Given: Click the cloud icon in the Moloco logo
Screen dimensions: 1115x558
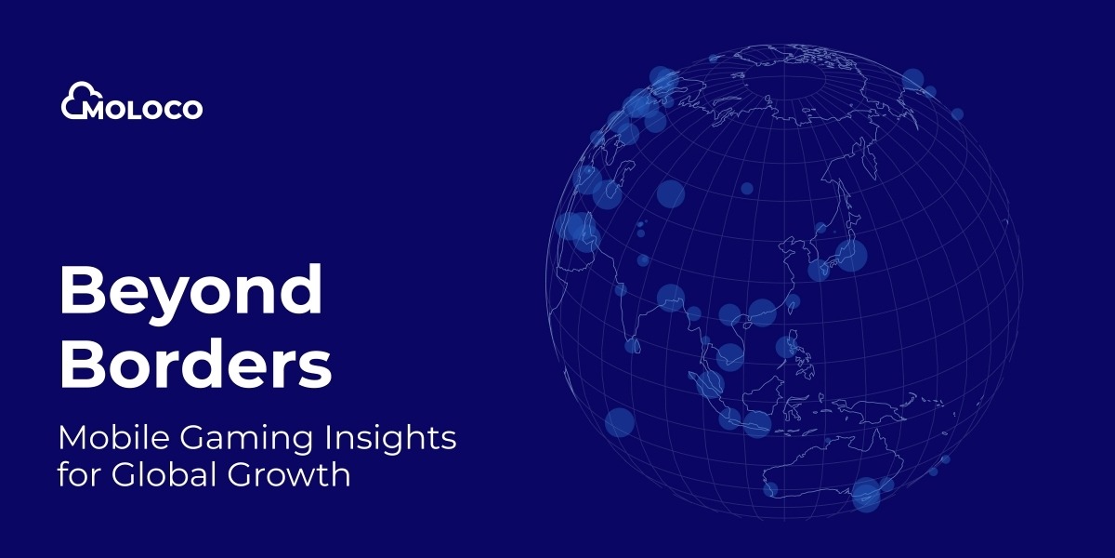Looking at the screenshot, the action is point(80,100).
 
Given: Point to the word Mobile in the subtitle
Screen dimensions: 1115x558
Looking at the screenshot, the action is point(115,437).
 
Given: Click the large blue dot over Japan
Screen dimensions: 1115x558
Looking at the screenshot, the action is point(851,255).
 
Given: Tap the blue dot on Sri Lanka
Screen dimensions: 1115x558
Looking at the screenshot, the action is point(632,346).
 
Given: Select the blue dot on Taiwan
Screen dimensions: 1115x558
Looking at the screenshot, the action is point(792,301).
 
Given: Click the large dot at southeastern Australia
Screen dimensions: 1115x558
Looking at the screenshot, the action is point(866,494).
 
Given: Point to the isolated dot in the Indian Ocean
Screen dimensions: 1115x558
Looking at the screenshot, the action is point(620,422).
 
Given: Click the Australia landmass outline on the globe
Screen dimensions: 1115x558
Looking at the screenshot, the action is point(831,467).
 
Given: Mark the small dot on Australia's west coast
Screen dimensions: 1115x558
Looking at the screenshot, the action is point(770,489).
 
